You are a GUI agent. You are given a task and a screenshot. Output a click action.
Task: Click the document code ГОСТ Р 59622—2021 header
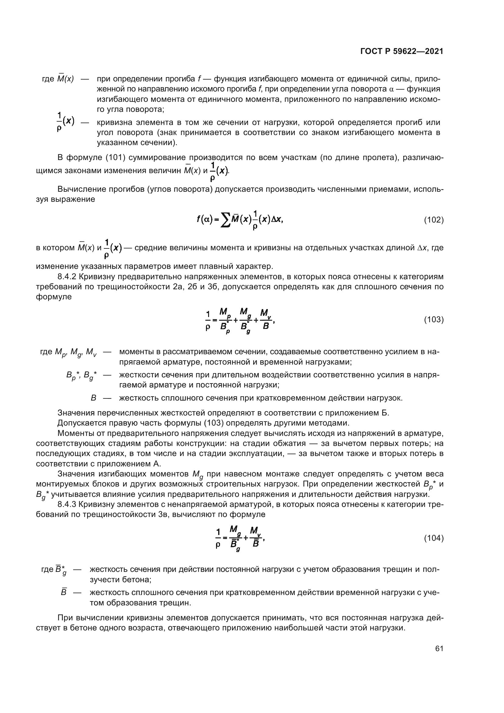402,52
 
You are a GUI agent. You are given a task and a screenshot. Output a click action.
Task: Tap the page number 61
439,648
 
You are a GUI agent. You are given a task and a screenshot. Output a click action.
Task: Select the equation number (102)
434,220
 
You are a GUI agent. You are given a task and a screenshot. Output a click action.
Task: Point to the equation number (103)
434,319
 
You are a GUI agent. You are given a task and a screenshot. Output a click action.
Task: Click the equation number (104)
434,538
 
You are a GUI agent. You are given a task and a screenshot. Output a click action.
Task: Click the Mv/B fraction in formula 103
266,319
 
